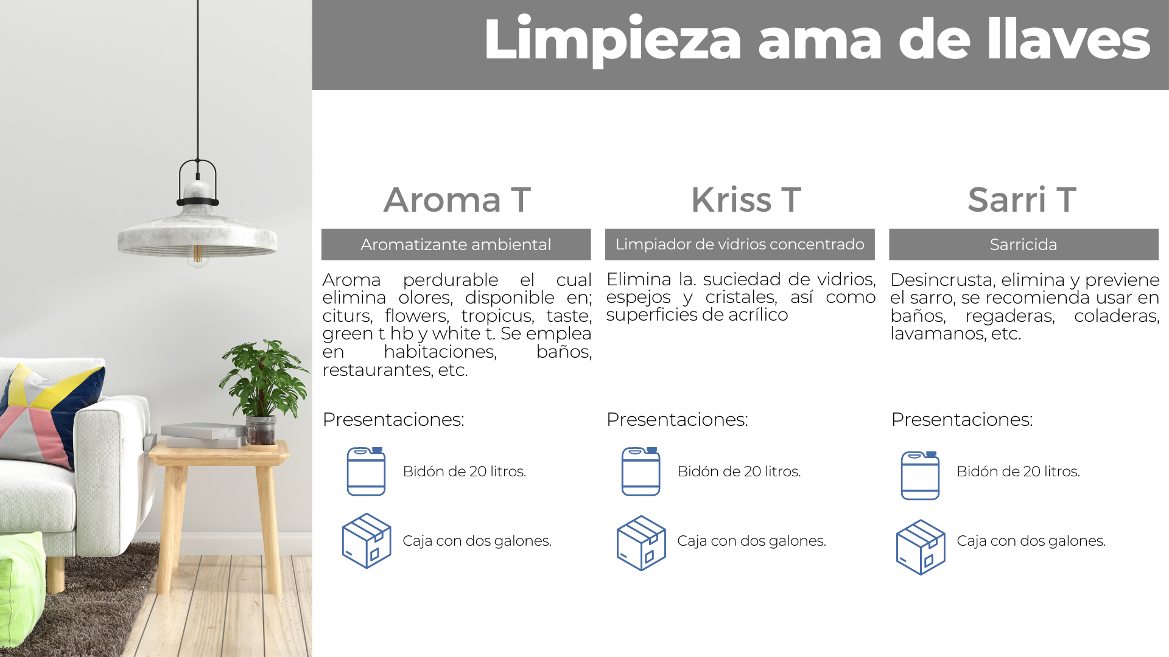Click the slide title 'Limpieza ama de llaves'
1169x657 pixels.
pyautogui.click(x=816, y=40)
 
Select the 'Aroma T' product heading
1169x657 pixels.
pyautogui.click(x=457, y=200)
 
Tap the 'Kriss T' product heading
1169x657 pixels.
pyautogui.click(x=746, y=200)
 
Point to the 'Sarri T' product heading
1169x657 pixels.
pyautogui.click(x=1022, y=200)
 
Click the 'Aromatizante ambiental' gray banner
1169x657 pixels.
pyautogui.click(x=456, y=245)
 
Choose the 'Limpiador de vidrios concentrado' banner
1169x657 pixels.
pyautogui.click(x=740, y=245)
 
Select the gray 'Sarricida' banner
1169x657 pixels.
pyautogui.click(x=1023, y=245)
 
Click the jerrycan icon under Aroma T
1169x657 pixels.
pyautogui.click(x=366, y=471)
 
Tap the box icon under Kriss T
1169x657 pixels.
pyautogui.click(x=641, y=543)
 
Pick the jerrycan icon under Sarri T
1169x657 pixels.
pyautogui.click(x=920, y=476)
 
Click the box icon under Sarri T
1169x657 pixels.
pyautogui.click(x=921, y=547)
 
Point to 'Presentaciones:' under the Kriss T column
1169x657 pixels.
pyautogui.click(x=677, y=419)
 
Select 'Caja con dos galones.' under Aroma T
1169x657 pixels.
pyautogui.click(x=477, y=541)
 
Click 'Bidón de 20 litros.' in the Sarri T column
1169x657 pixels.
pyautogui.click(x=1018, y=471)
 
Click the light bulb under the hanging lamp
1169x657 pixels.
pyautogui.click(x=197, y=255)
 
